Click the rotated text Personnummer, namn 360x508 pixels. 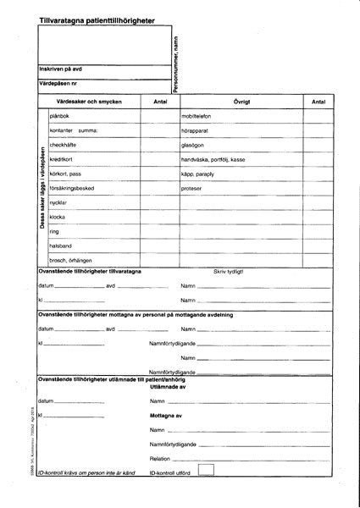pos(175,58)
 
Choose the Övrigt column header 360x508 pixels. pos(240,102)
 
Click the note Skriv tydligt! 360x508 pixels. pos(229,273)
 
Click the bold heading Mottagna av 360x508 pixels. pos(166,416)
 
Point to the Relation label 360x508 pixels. pos(162,457)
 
